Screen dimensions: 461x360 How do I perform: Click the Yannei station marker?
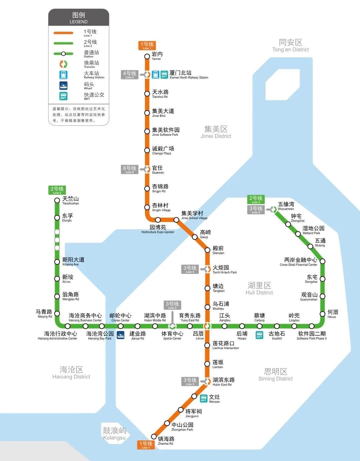[x=147, y=56]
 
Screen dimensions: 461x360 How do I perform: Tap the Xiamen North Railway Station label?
[x=189, y=74]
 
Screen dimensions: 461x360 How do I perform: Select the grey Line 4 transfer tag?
[x=129, y=75]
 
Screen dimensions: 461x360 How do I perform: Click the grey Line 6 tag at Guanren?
[x=129, y=169]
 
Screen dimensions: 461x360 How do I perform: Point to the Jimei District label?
[x=216, y=132]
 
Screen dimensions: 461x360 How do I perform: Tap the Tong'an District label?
[x=290, y=45]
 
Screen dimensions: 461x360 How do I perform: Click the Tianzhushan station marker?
[x=57, y=200]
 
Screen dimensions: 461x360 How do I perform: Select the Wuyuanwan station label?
[x=286, y=206]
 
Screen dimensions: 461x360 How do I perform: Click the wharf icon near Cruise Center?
[x=120, y=335]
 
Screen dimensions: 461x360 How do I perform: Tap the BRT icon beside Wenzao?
[x=204, y=398]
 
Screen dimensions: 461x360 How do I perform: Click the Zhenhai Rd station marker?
[x=154, y=436]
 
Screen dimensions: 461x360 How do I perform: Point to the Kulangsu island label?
[x=114, y=433]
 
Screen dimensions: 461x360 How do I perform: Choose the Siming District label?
[x=275, y=374]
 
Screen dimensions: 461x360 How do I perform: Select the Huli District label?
[x=259, y=288]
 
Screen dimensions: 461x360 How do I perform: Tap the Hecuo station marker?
[x=322, y=314]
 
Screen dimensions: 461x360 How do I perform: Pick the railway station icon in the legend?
[x=63, y=75]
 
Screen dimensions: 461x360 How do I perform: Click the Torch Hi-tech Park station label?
[x=224, y=269]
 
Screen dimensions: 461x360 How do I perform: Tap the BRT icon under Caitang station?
[x=259, y=335]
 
